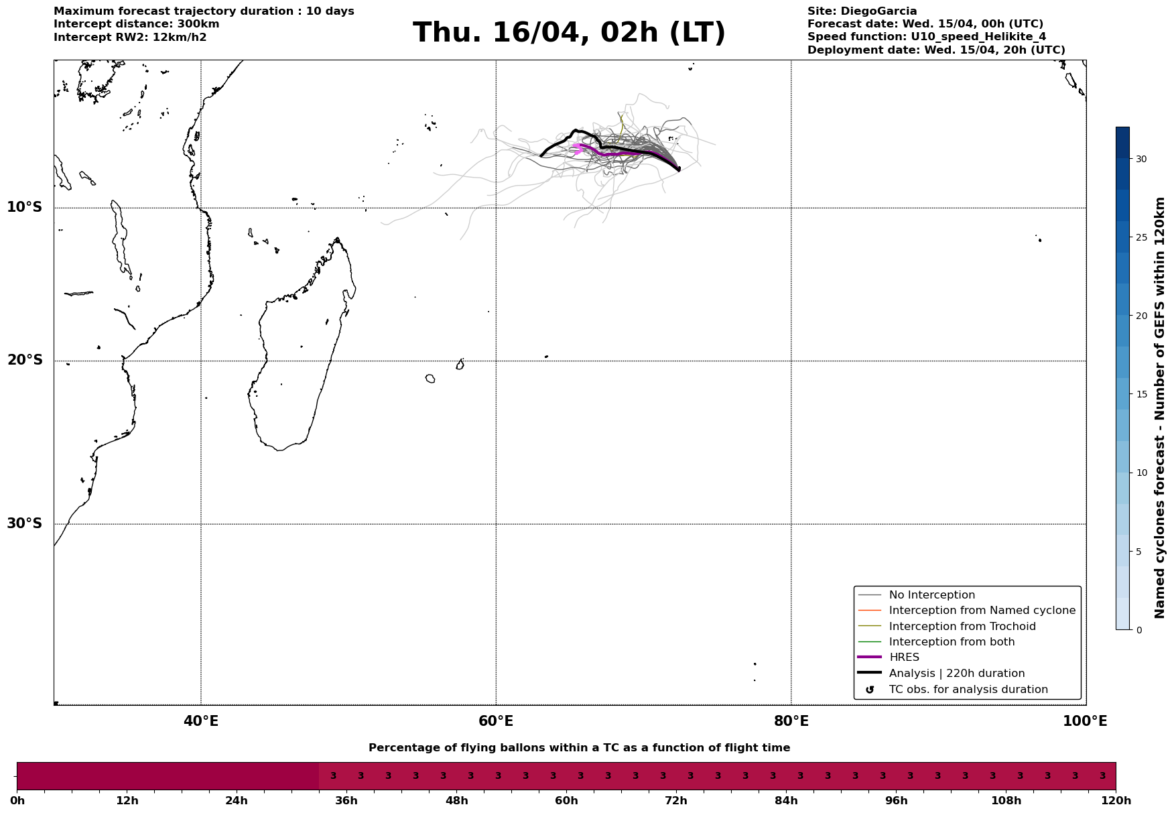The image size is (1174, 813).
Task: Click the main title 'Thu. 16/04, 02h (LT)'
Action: tap(569, 33)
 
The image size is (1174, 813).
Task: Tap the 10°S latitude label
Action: tap(25, 207)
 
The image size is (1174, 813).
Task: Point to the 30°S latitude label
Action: tap(25, 523)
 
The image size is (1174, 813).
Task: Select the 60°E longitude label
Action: tap(496, 721)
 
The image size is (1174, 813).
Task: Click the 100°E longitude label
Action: tap(1085, 721)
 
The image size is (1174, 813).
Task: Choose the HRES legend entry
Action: tap(904, 658)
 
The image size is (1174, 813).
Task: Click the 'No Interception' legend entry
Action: tap(931, 595)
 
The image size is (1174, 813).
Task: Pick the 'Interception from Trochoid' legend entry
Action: tap(962, 627)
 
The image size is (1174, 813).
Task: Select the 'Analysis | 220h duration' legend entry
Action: tap(956, 674)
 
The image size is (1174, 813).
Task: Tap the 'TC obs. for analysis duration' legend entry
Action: tap(968, 690)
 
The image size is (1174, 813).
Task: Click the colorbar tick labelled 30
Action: tap(1140, 159)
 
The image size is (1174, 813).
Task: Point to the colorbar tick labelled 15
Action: tap(1140, 394)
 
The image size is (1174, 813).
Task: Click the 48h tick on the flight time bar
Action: tap(457, 801)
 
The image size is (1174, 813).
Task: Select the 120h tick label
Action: tap(1116, 801)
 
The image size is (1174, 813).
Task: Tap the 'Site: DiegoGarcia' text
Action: tap(862, 11)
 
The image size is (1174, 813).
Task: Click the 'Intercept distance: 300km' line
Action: tap(136, 24)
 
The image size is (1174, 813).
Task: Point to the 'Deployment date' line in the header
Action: tap(936, 50)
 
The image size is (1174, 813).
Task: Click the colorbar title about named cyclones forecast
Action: tap(1160, 408)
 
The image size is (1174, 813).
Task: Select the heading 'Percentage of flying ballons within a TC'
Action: tap(579, 748)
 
